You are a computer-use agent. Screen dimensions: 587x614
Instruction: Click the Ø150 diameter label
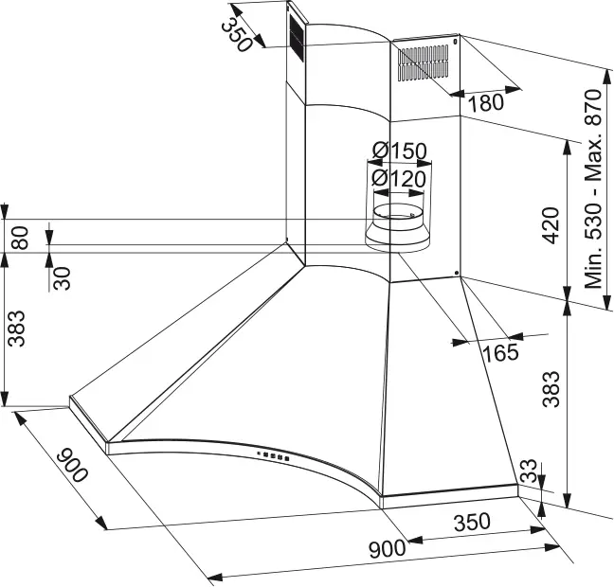click(398, 151)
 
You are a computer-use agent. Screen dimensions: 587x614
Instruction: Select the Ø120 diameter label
click(398, 177)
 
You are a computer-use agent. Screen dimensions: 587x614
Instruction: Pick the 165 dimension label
click(500, 353)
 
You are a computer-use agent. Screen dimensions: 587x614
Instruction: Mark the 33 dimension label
click(530, 471)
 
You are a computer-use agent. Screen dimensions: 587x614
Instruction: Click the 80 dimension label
click(20, 236)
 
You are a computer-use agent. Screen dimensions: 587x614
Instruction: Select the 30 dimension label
click(63, 276)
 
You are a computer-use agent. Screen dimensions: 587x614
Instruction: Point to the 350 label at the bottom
click(470, 521)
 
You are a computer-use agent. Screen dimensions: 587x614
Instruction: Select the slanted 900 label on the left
click(73, 464)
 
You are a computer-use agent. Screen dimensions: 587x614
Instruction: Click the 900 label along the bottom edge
click(387, 547)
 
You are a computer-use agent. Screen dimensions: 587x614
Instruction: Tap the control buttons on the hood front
click(271, 458)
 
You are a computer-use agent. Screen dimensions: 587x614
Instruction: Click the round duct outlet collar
click(398, 227)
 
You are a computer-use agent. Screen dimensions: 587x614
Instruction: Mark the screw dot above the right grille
click(457, 42)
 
